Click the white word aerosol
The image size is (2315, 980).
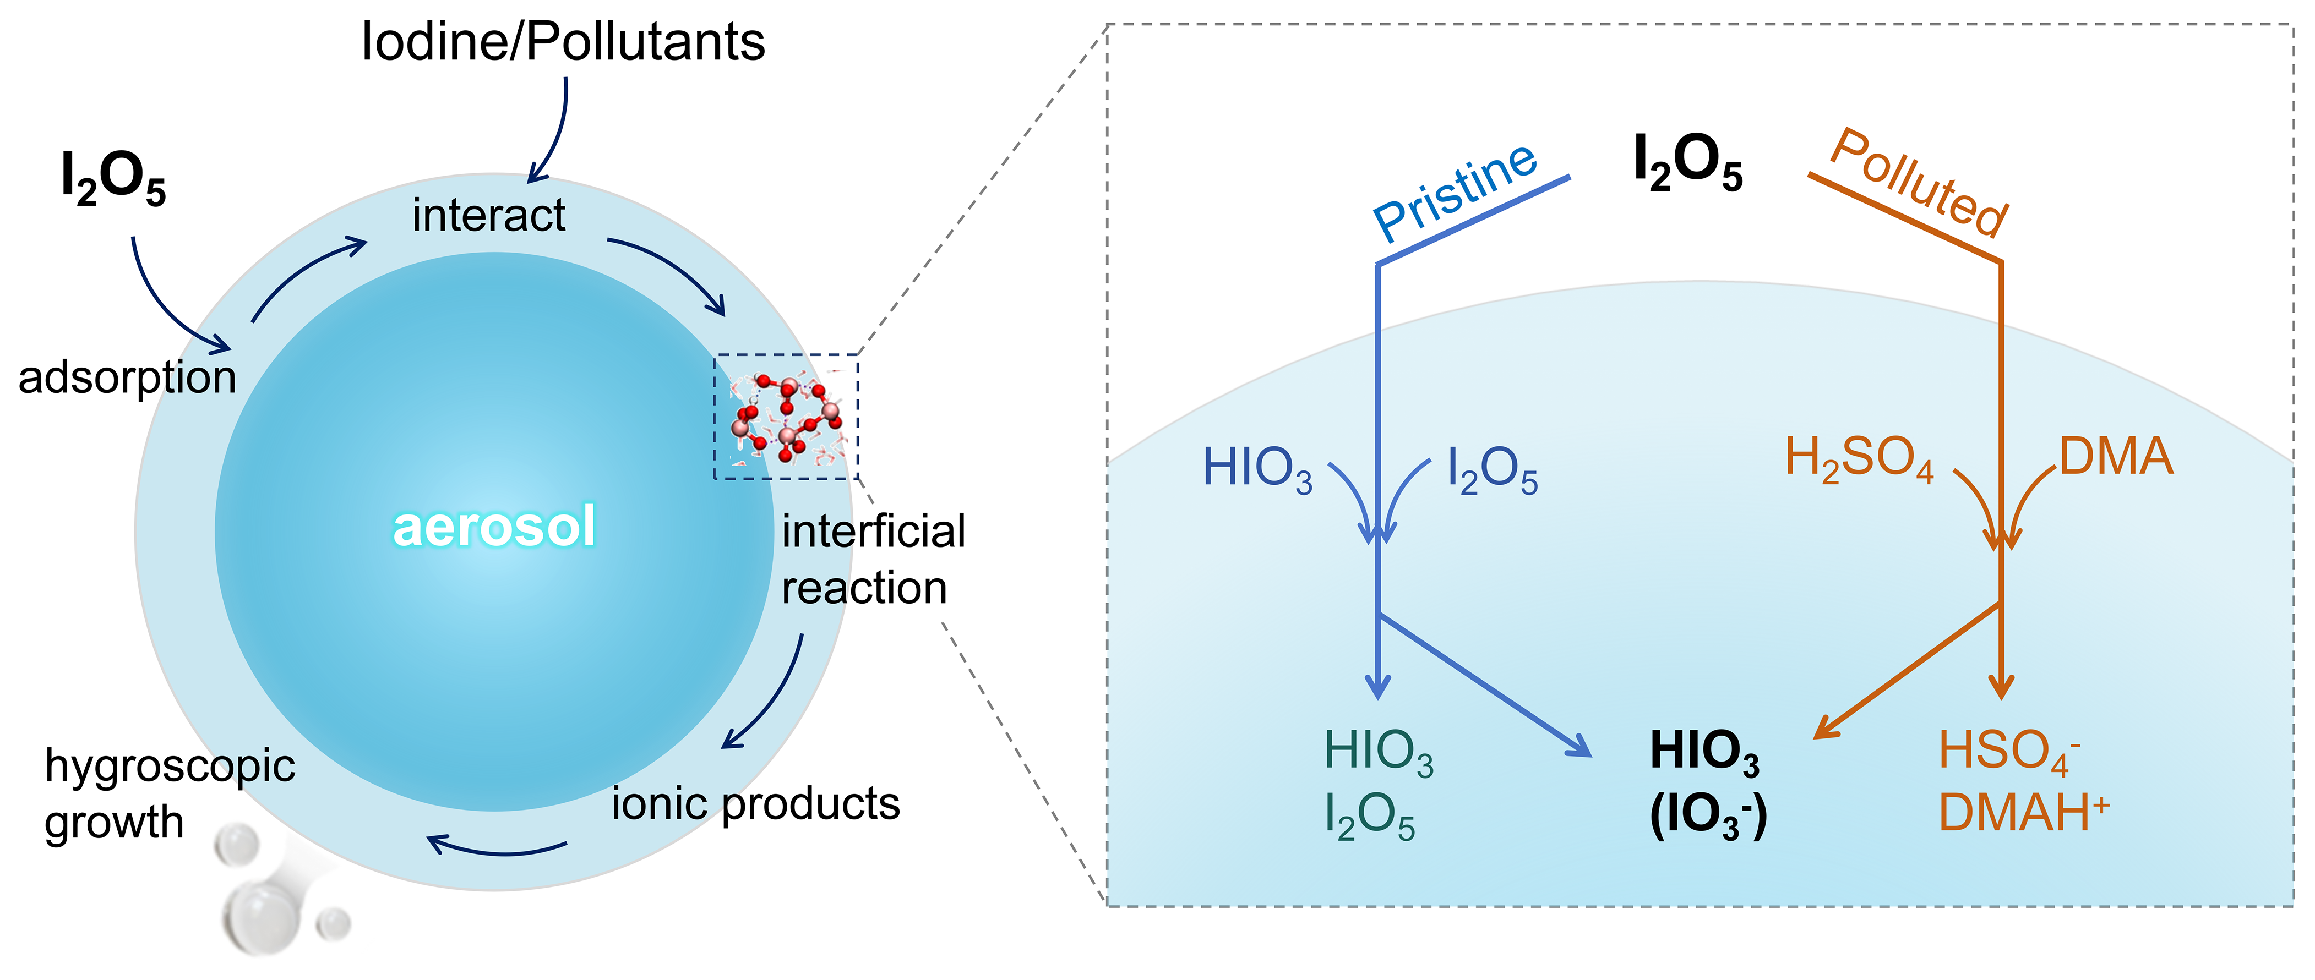click(x=494, y=527)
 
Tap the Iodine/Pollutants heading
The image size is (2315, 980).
click(x=563, y=42)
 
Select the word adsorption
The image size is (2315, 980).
click(x=128, y=377)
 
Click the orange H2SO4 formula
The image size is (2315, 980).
click(x=1859, y=459)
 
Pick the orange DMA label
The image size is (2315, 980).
click(x=2116, y=457)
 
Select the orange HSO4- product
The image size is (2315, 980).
click(x=2008, y=751)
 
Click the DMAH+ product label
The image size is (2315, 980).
click(x=2023, y=813)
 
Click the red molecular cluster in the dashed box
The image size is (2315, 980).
click(x=786, y=416)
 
